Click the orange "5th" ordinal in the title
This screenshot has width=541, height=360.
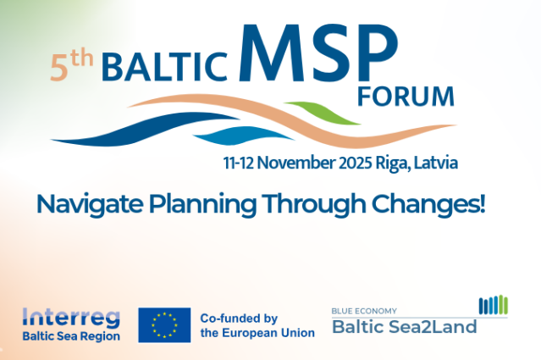(x=72, y=66)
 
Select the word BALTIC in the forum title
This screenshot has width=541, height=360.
(x=164, y=67)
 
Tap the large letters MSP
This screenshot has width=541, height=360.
(x=318, y=53)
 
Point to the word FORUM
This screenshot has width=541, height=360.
(x=406, y=97)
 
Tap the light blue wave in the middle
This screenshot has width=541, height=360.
(x=244, y=136)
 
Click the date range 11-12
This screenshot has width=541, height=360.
(x=239, y=163)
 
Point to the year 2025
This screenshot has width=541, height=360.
(x=356, y=163)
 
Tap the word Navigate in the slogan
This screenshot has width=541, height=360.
(x=90, y=205)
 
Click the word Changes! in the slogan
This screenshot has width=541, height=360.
(x=428, y=204)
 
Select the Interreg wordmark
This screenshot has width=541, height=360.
(x=71, y=318)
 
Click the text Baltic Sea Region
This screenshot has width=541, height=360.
(x=71, y=336)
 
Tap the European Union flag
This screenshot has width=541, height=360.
(x=164, y=325)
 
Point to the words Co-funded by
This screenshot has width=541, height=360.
(x=239, y=318)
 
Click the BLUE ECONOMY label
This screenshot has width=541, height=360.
(x=364, y=311)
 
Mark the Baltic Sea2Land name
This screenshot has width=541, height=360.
(x=405, y=326)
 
